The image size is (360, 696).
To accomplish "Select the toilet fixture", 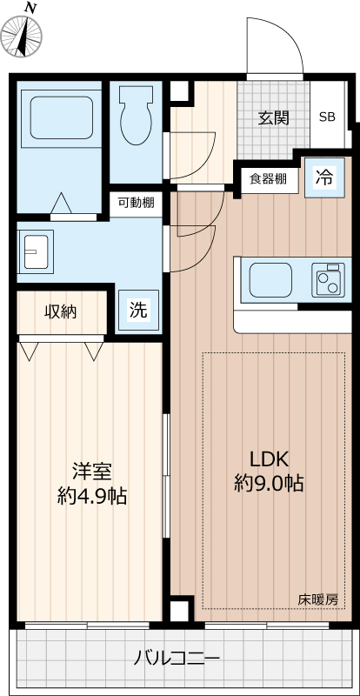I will pyautogui.click(x=137, y=117).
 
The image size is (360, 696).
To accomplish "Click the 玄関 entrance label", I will pyautogui.click(x=272, y=118).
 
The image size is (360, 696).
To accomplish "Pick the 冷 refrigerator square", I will pyautogui.click(x=323, y=178).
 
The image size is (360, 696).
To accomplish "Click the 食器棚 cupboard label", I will pyautogui.click(x=268, y=179).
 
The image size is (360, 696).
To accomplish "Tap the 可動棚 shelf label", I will pyautogui.click(x=136, y=203).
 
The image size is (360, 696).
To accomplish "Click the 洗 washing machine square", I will pyautogui.click(x=138, y=309).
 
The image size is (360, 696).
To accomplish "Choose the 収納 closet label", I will pyautogui.click(x=61, y=311).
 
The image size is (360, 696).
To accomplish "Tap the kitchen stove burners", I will pyautogui.click(x=329, y=280).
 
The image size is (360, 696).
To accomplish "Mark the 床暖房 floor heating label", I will pyautogui.click(x=318, y=599).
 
